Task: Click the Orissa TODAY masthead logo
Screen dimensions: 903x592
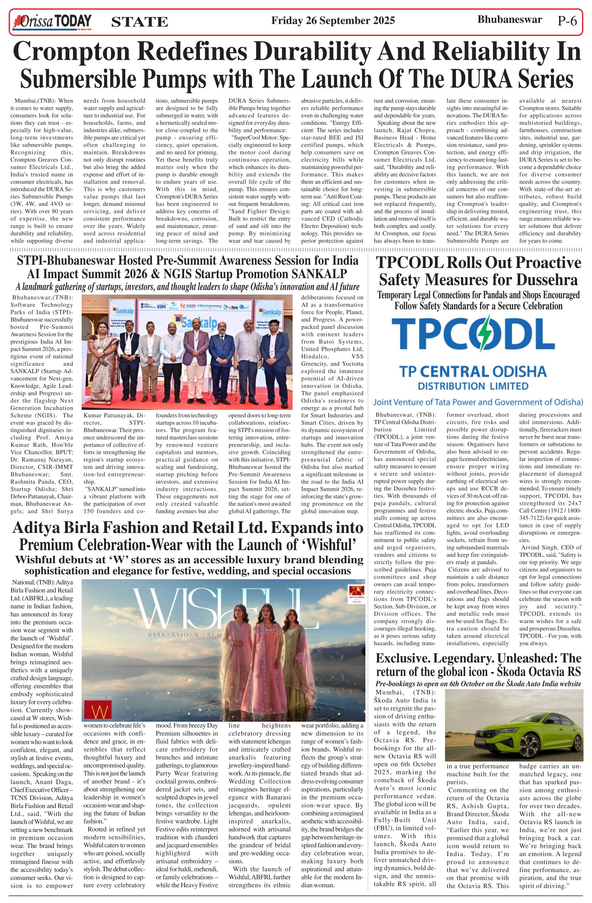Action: [x=52, y=22]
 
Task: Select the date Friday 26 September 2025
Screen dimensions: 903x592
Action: [x=333, y=20]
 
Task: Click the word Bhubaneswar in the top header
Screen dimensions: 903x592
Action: [x=509, y=19]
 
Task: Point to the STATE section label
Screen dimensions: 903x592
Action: [x=139, y=22]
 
